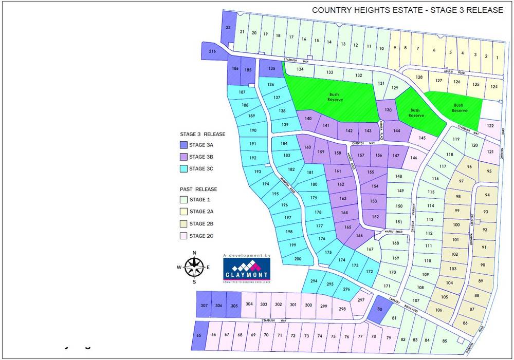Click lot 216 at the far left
(212, 51)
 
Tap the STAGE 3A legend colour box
(183, 145)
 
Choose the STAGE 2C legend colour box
(183, 236)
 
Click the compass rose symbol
(194, 267)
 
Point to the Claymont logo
(246, 269)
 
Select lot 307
(204, 305)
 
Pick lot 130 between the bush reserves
(388, 110)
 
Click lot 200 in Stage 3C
(298, 259)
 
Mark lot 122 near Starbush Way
(490, 126)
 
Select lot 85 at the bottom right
(445, 340)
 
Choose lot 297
(361, 300)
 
